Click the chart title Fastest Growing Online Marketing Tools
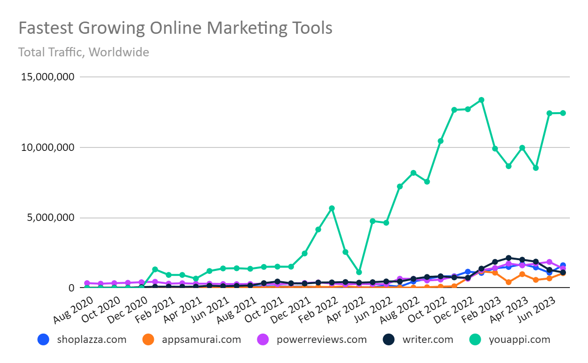pyautogui.click(x=175, y=28)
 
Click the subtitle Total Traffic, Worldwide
pyautogui.click(x=83, y=52)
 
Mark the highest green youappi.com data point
pyautogui.click(x=481, y=100)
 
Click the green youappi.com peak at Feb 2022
pyautogui.click(x=332, y=208)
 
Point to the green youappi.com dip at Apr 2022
pyautogui.click(x=359, y=272)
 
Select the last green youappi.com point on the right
pyautogui.click(x=563, y=113)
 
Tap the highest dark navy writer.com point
pyautogui.click(x=509, y=258)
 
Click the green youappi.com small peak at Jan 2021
pyautogui.click(x=155, y=269)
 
